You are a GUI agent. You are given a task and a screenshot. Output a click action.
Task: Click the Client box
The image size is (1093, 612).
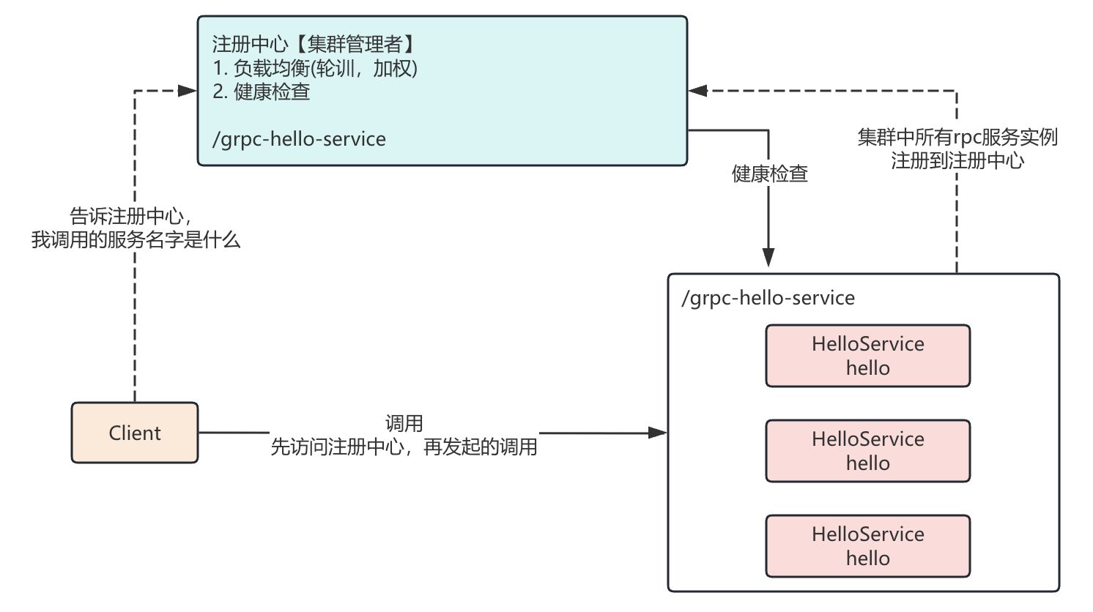[x=135, y=433]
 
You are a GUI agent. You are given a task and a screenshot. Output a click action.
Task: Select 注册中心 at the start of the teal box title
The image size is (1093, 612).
[x=249, y=44]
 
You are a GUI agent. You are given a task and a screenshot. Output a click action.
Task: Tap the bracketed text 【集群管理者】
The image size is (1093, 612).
[x=355, y=44]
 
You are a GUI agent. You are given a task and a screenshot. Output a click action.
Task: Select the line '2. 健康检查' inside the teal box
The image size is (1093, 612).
[x=262, y=92]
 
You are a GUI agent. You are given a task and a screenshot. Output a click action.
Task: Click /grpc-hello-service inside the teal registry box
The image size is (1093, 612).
[x=299, y=139]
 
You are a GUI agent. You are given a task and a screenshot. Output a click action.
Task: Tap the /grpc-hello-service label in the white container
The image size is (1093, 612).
[x=768, y=298]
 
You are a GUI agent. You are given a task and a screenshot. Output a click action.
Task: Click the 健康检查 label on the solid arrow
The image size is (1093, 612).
[x=769, y=173]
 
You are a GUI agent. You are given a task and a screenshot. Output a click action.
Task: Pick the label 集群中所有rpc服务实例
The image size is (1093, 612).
[x=957, y=137]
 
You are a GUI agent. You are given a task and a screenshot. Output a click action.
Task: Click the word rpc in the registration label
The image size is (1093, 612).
[x=967, y=137]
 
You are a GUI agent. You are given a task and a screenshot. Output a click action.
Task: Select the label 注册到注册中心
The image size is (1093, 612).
[x=957, y=160]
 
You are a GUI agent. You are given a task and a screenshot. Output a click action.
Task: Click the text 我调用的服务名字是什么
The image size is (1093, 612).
[x=136, y=239]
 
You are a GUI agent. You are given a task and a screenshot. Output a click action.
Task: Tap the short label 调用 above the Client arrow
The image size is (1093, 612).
[x=404, y=423]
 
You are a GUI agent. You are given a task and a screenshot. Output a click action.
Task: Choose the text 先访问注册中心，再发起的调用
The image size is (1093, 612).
[x=404, y=447]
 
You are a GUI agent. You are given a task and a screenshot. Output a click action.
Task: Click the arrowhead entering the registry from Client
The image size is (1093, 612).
[x=188, y=91]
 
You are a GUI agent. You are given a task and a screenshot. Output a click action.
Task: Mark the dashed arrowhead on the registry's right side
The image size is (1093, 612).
[x=698, y=91]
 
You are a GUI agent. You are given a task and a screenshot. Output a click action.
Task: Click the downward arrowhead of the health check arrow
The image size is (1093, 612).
[x=768, y=257]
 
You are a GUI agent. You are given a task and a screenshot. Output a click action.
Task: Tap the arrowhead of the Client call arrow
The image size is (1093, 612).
[x=657, y=433]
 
